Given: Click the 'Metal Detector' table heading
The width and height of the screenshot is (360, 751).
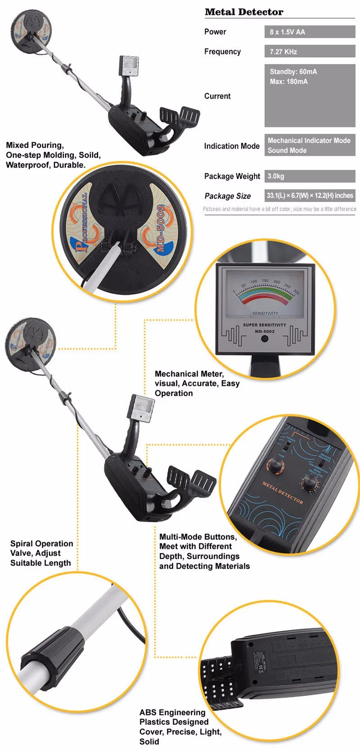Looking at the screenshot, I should [x=244, y=12].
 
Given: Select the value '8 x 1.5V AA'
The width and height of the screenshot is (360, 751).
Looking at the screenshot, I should [x=287, y=32].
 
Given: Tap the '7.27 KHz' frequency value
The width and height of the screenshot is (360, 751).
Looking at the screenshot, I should [x=283, y=52].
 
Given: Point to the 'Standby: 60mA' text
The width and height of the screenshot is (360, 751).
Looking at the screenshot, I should [x=293, y=72].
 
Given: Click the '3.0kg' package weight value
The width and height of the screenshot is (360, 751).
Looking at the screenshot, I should [x=275, y=176].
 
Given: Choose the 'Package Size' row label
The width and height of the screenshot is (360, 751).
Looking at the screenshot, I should [x=227, y=196].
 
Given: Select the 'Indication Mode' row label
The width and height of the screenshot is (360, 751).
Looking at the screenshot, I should [x=231, y=146].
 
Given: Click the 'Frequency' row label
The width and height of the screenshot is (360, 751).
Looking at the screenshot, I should [x=222, y=52].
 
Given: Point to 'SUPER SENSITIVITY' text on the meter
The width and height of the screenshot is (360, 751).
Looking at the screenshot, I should [x=264, y=325].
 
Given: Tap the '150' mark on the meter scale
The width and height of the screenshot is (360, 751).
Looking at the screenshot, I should [x=265, y=281].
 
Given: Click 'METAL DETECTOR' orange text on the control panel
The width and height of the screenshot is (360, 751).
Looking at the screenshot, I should [x=283, y=493].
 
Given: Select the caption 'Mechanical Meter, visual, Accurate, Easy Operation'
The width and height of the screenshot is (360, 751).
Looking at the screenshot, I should [x=197, y=384].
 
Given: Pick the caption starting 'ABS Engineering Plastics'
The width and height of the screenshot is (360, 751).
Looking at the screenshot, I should [x=180, y=727].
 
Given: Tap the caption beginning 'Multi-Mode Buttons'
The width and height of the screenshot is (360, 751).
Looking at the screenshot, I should [x=204, y=552].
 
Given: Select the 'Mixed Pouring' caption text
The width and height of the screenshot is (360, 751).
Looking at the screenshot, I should [x=53, y=155].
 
